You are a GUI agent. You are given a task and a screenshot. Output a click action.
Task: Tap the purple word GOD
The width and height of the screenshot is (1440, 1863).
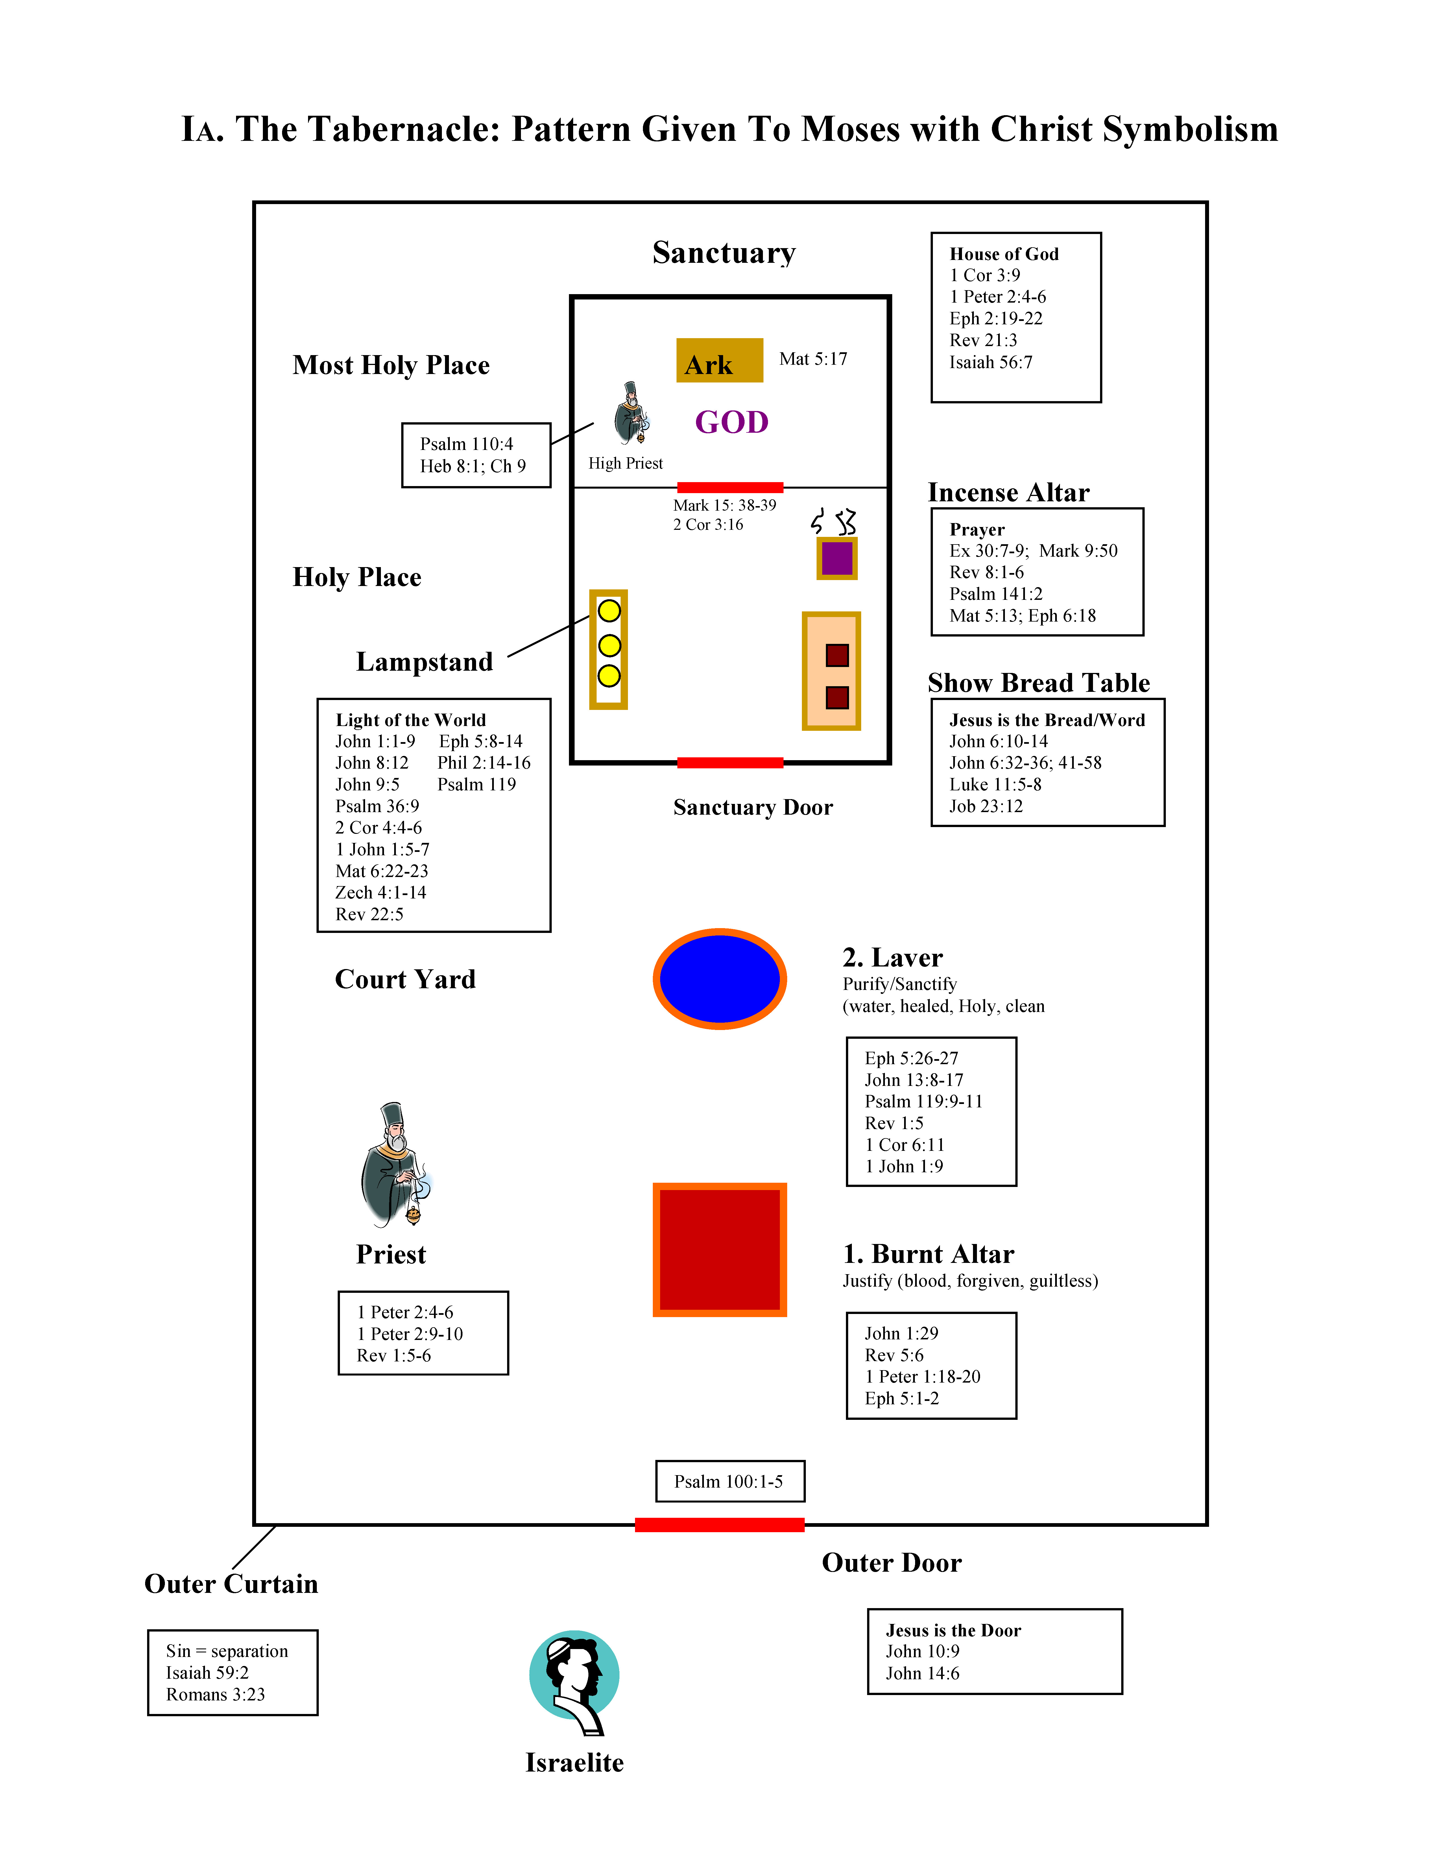pyautogui.click(x=731, y=422)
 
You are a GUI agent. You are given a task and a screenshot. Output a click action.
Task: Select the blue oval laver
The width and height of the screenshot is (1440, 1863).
pyautogui.click(x=719, y=978)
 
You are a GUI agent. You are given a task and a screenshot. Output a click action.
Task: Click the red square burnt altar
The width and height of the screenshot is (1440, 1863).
pyautogui.click(x=719, y=1249)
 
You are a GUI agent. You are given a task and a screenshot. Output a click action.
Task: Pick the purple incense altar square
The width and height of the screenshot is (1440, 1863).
pyautogui.click(x=836, y=559)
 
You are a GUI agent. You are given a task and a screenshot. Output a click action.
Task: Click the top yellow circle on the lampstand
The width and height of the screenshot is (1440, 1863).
pyautogui.click(x=608, y=611)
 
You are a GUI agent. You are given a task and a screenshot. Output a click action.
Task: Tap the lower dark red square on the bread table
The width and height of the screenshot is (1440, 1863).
pyautogui.click(x=837, y=697)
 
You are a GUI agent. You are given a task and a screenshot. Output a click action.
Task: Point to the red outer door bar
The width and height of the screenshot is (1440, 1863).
pyautogui.click(x=719, y=1524)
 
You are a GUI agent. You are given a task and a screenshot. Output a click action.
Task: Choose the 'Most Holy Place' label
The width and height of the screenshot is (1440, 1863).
pyautogui.click(x=391, y=365)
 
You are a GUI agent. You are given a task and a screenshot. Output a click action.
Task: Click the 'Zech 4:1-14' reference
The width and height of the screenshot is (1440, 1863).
pyautogui.click(x=381, y=892)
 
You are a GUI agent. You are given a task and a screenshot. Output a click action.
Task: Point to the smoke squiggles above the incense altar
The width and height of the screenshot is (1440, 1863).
pyautogui.click(x=834, y=520)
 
